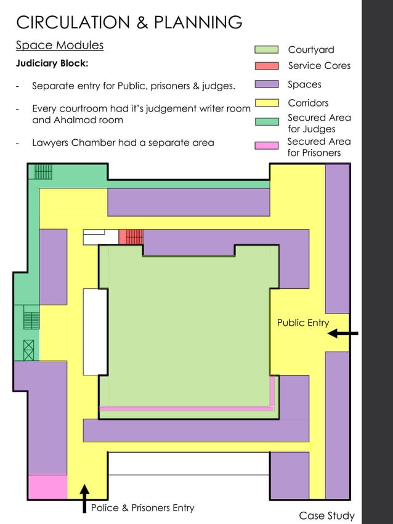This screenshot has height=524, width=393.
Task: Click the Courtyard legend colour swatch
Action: tap(266, 49)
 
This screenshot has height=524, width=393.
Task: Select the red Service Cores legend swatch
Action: tap(267, 65)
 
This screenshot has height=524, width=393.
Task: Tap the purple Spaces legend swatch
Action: tap(267, 84)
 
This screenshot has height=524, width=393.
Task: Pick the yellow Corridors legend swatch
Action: tap(267, 103)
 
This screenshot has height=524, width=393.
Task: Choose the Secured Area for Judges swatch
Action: tap(267, 121)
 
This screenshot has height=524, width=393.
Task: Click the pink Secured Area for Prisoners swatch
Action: tap(266, 145)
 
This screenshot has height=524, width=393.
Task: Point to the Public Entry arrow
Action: tap(342, 333)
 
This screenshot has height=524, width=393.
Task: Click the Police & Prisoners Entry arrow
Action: tap(85, 498)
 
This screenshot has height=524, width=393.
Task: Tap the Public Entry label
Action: tap(303, 323)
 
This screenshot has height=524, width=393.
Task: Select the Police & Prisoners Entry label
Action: tap(143, 508)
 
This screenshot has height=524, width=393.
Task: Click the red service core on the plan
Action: tap(131, 237)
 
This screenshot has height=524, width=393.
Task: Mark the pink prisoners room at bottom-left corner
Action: tap(48, 487)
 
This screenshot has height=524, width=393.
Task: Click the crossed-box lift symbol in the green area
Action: tap(29, 350)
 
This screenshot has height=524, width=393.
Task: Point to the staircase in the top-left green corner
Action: tap(43, 171)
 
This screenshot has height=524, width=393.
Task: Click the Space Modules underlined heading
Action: tap(60, 46)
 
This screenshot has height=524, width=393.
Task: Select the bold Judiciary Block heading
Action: tap(52, 63)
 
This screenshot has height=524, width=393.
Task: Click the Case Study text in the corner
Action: tap(326, 515)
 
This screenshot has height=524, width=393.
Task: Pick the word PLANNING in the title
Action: tap(198, 22)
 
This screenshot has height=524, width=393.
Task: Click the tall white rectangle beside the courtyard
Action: tap(95, 332)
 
